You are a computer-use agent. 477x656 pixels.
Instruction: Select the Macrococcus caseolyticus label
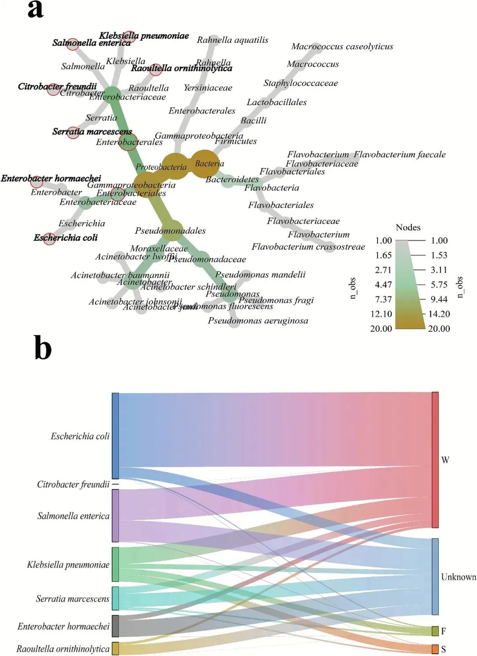tap(342, 46)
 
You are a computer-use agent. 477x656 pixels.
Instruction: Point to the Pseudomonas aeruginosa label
tap(258, 321)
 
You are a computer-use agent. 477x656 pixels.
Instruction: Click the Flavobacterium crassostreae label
tap(308, 246)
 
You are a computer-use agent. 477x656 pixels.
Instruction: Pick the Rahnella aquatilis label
tap(232, 40)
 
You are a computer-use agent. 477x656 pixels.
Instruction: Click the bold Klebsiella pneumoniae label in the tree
tap(144, 35)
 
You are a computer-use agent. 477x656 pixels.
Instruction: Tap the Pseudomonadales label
tap(170, 231)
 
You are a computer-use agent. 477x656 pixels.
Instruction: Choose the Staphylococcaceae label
tap(300, 83)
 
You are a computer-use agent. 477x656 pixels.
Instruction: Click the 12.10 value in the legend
tap(381, 314)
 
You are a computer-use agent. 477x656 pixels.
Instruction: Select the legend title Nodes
tap(408, 228)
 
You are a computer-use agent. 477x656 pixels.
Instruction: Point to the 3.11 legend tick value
tap(439, 270)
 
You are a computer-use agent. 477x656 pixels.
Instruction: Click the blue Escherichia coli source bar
tap(115, 436)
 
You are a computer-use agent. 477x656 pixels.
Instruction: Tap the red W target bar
tap(435, 459)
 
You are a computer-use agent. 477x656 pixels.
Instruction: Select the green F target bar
tap(435, 631)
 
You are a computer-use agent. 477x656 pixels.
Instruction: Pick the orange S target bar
tap(435, 649)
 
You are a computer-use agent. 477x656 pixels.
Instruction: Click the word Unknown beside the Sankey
tap(458, 577)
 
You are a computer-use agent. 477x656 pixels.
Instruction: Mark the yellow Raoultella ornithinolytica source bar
tap(115, 648)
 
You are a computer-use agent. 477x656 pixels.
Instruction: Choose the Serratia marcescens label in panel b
tap(72, 599)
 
